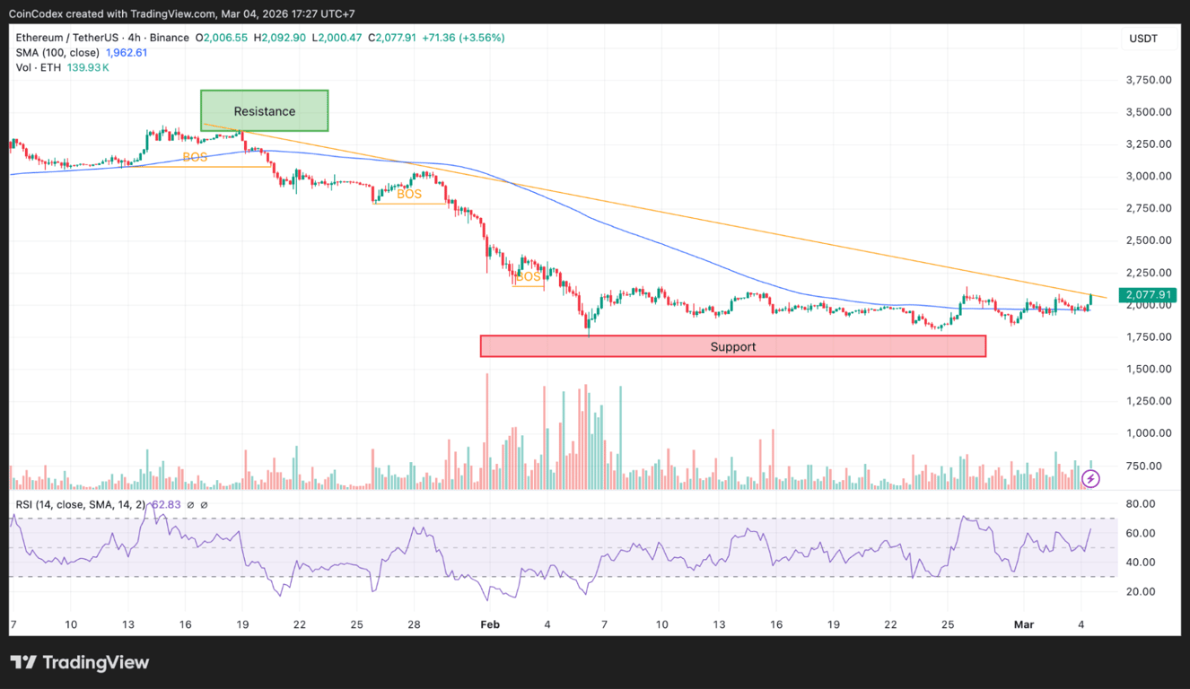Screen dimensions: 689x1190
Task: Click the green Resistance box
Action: click(264, 111)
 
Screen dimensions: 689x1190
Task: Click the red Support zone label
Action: click(733, 347)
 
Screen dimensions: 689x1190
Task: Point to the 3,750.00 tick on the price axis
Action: click(1148, 80)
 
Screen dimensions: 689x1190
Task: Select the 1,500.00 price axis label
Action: click(1148, 369)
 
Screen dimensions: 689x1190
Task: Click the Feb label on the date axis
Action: click(490, 624)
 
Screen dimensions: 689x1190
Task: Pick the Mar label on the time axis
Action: click(1024, 624)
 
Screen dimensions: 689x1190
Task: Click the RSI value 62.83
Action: click(166, 505)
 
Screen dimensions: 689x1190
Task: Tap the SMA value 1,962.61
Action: click(127, 53)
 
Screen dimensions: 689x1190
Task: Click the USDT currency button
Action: click(1143, 39)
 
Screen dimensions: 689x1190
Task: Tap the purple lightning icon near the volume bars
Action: click(1090, 479)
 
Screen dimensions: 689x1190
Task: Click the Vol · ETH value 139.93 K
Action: click(86, 67)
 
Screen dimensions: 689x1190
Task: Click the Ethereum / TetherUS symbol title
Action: click(65, 38)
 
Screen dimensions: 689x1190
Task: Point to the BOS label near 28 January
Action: click(409, 194)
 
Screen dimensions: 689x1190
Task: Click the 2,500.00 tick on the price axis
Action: click(1148, 240)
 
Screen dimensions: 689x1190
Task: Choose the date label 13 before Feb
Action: click(127, 624)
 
